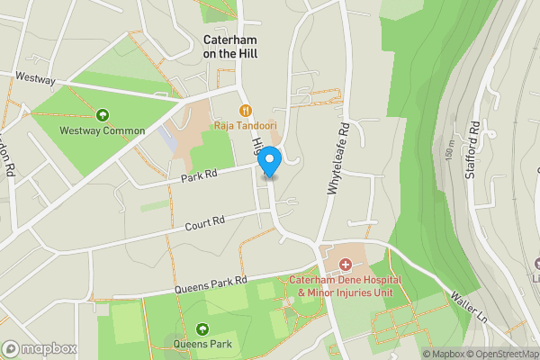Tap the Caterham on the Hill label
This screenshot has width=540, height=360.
[x=233, y=47]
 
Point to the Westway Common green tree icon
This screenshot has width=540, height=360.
[x=103, y=115]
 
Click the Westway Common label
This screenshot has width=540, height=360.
[x=103, y=130]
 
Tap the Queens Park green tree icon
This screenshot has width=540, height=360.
[x=202, y=328]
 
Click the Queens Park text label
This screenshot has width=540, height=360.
[x=202, y=344]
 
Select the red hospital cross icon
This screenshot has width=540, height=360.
[x=346, y=264]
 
